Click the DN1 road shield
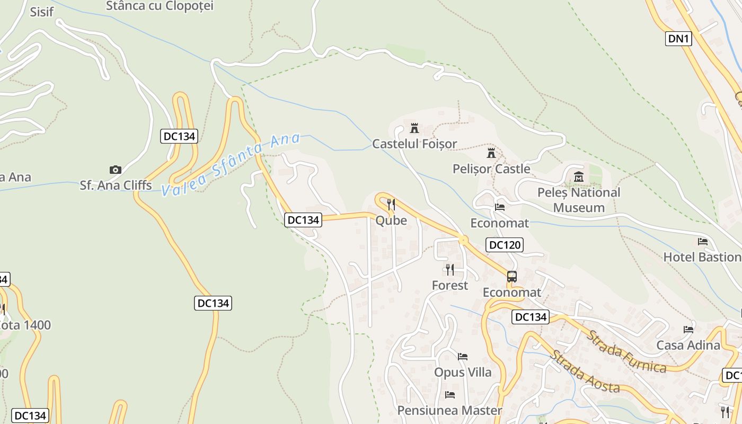678,39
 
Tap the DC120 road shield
505,244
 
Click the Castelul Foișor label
414,144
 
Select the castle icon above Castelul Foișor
414,128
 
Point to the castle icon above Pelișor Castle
491,153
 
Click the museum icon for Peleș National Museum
579,176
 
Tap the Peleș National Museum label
579,200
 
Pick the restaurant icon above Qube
391,205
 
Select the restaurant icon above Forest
450,270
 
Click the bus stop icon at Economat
512,277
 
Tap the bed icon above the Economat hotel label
499,207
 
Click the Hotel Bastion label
702,257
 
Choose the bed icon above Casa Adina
688,329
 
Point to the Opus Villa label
463,372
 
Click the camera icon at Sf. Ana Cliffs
116,170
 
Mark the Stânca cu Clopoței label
160,6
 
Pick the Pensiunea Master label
449,410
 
